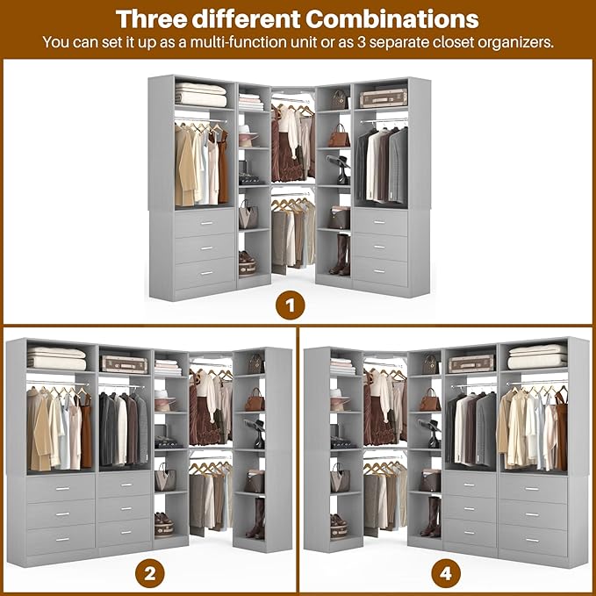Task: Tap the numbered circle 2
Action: click(x=149, y=575)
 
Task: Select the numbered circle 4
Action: click(x=446, y=575)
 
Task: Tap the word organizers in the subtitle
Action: click(x=514, y=42)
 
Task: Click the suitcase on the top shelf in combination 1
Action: click(x=384, y=97)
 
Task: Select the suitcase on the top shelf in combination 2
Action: click(x=124, y=363)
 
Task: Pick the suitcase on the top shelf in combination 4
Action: click(x=471, y=363)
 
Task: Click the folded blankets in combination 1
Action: click(x=200, y=94)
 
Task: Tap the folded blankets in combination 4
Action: click(x=537, y=356)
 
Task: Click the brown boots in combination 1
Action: click(x=341, y=255)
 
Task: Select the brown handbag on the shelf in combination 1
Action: click(x=339, y=137)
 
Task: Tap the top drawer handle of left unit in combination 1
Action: click(x=205, y=225)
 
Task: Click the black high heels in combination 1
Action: click(x=340, y=167)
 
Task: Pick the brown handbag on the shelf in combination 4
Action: click(x=429, y=401)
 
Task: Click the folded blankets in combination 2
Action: click(x=56, y=357)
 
